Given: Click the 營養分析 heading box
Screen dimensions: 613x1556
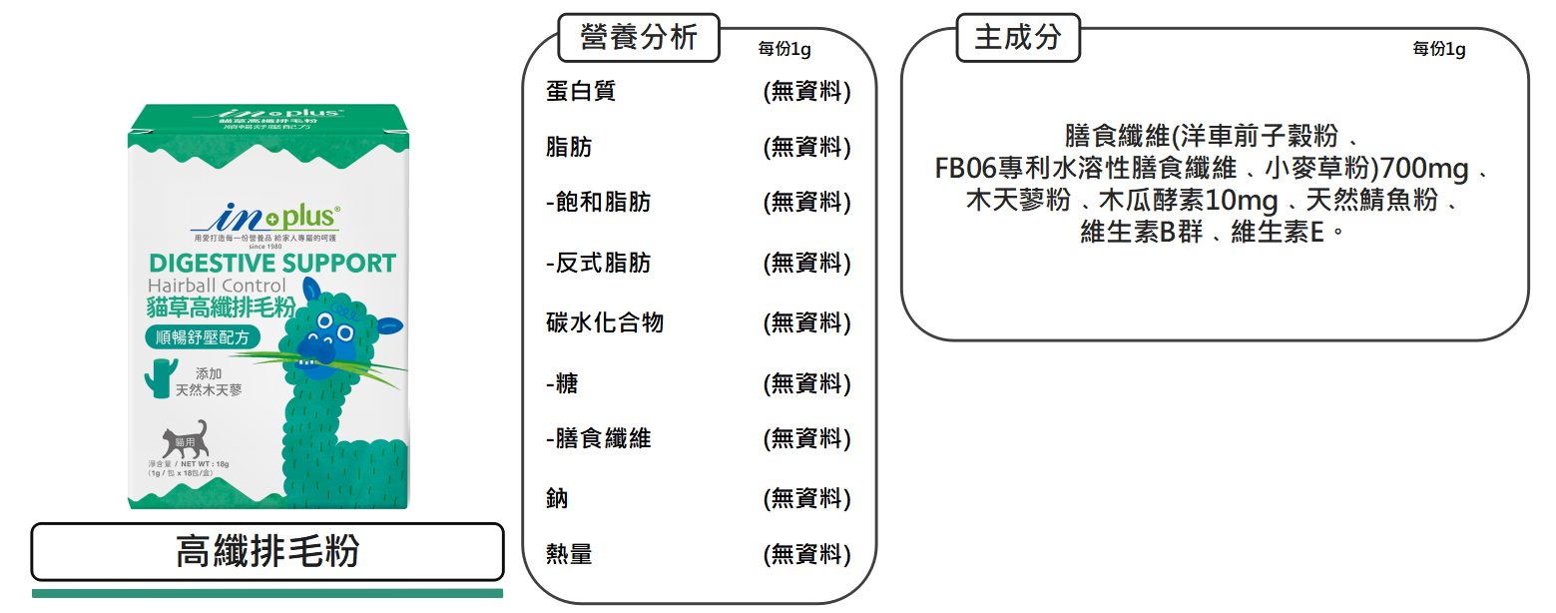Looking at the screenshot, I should point(639,38).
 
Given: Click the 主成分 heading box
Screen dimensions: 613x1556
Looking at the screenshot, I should point(1017,38).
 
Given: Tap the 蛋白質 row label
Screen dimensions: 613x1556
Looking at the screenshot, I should point(580,92).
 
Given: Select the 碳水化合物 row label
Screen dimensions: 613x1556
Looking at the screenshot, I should point(604,323).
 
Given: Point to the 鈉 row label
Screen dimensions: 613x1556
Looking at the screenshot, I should point(557,498).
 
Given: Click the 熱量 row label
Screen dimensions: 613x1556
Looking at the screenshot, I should point(569,554).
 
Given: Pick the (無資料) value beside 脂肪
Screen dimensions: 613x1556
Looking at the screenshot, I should point(806,148).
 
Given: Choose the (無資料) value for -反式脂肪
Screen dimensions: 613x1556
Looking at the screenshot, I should point(806,264).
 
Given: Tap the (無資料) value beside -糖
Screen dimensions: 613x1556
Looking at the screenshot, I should point(806,383).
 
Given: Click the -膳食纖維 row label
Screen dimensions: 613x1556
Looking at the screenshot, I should point(599,438).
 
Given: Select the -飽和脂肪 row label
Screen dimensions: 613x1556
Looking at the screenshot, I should point(599,203).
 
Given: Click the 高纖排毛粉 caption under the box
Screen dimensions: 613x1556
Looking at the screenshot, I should point(267,551).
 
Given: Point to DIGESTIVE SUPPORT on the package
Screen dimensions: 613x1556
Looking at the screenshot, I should point(271,264).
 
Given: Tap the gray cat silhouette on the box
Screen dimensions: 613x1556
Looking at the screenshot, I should point(186,439).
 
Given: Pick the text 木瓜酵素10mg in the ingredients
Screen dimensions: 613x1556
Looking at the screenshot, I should point(1187,202).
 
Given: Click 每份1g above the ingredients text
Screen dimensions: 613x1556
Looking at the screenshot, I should point(1438,49).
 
